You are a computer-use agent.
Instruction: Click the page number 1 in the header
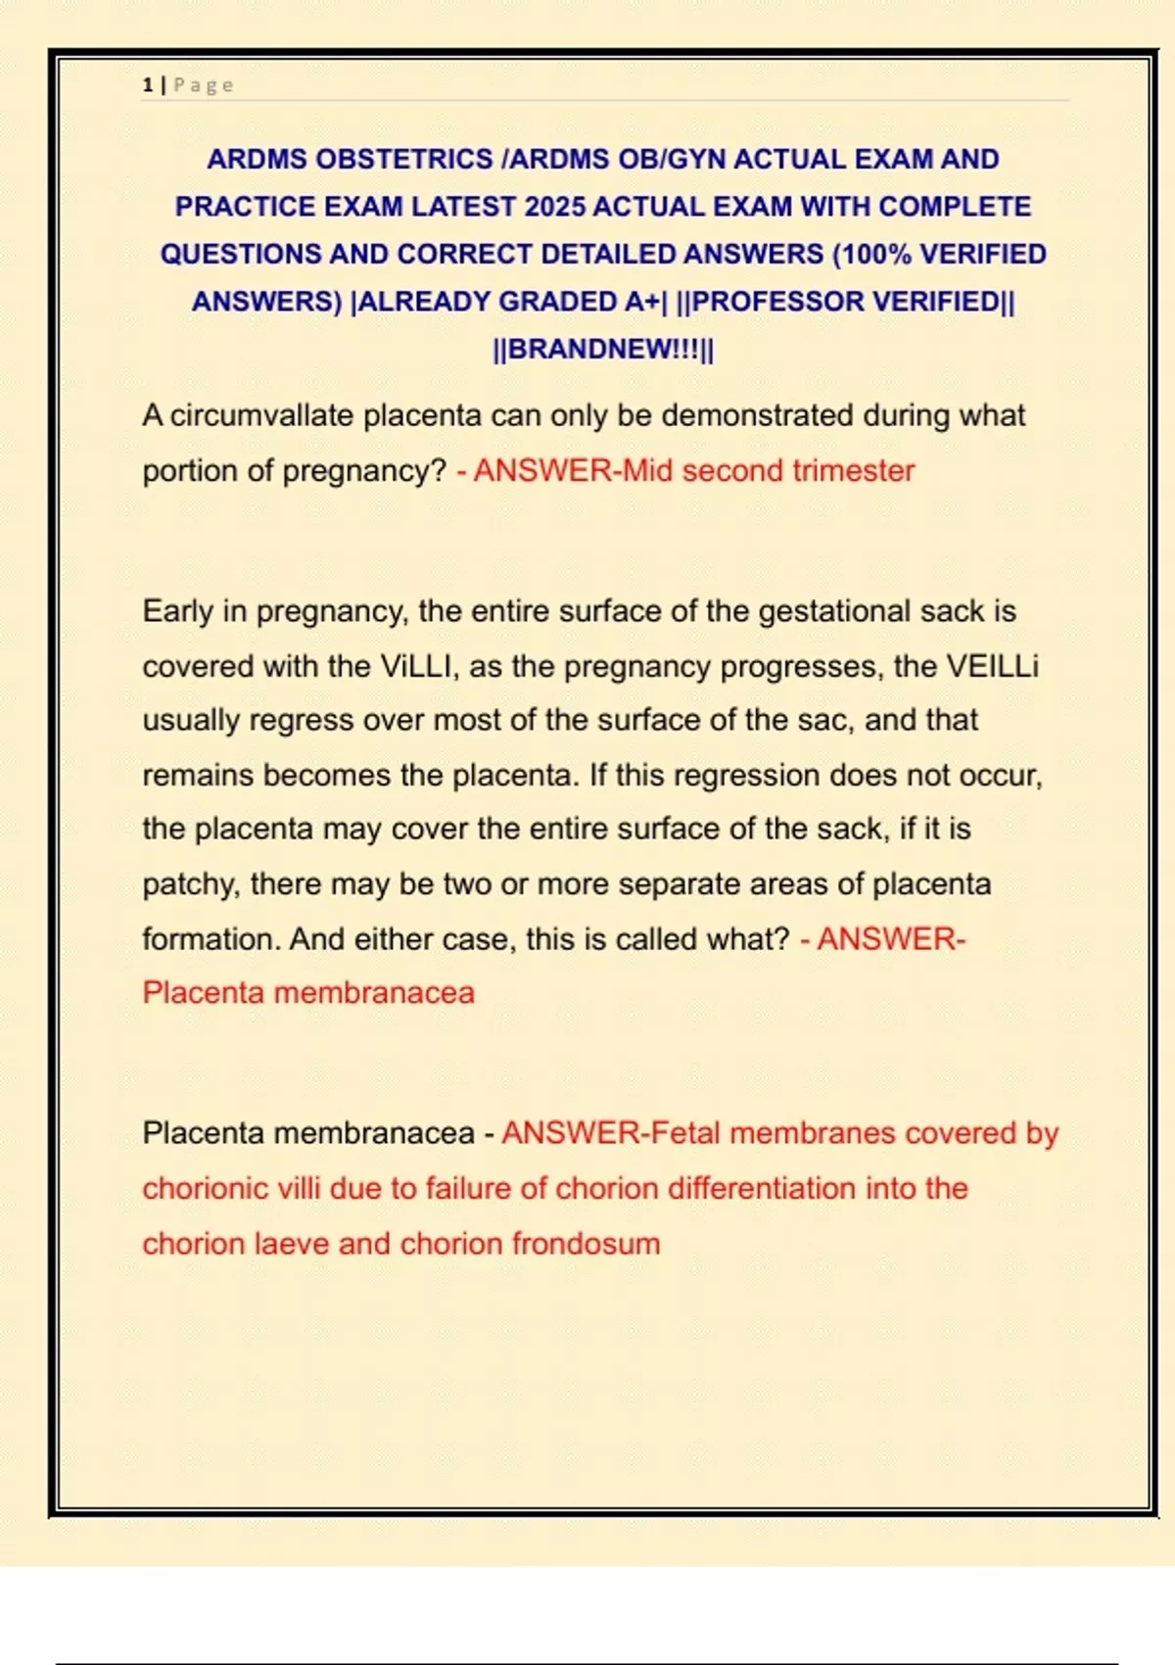pyautogui.click(x=148, y=85)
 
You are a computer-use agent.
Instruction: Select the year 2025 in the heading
pyautogui.click(x=554, y=207)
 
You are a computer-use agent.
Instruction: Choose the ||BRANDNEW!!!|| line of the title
pyautogui.click(x=603, y=349)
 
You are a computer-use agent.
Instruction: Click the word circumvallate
pyautogui.click(x=261, y=415)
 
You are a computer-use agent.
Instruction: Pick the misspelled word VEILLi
pyautogui.click(x=992, y=667)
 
